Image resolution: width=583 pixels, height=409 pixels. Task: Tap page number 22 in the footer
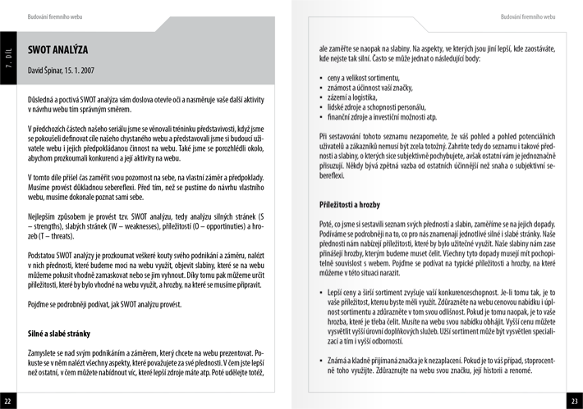click(x=7, y=401)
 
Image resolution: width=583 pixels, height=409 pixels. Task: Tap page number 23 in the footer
click(x=574, y=401)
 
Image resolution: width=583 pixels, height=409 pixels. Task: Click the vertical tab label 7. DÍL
click(x=7, y=56)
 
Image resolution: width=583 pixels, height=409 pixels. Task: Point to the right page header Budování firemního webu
click(x=520, y=16)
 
